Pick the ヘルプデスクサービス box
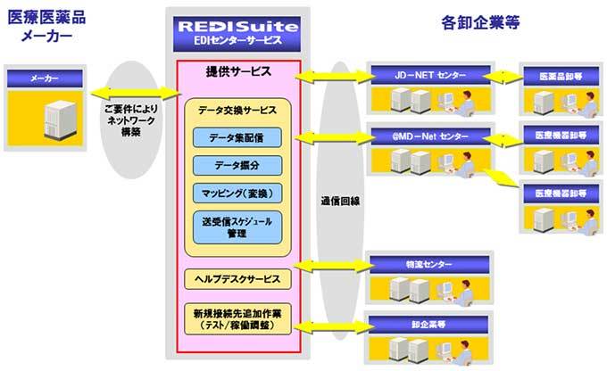(237, 279)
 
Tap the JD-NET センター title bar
(430, 75)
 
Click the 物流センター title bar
(430, 263)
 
